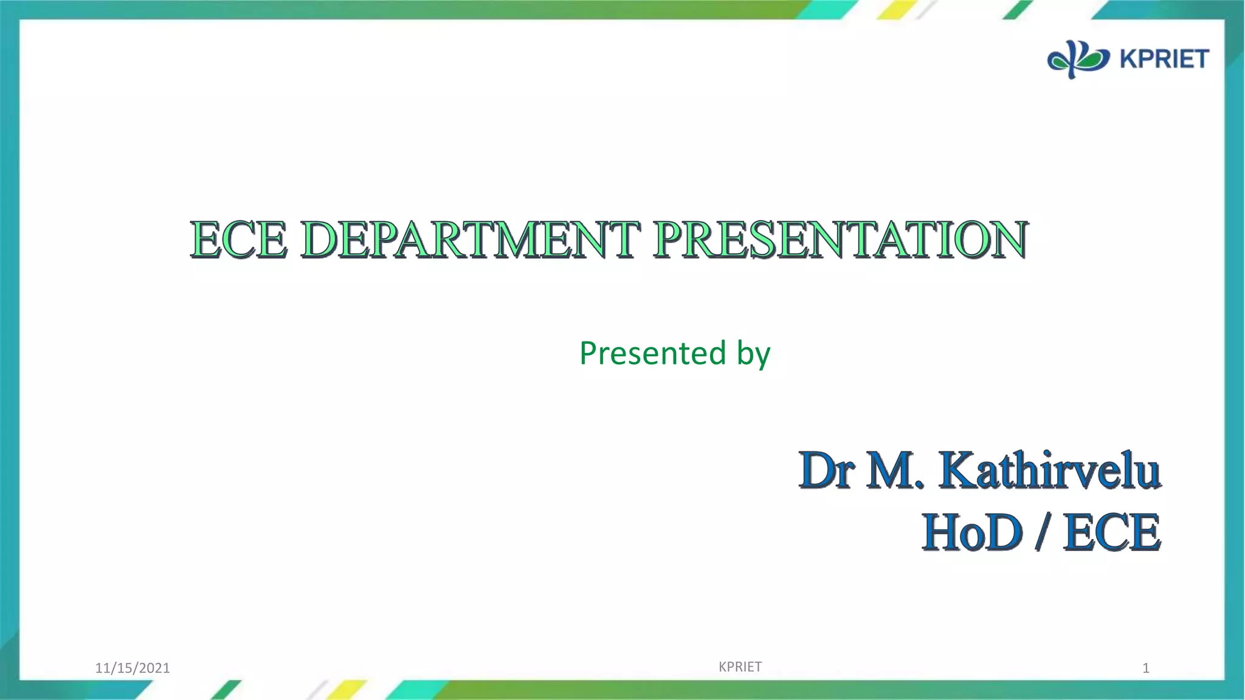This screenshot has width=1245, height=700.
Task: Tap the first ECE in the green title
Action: [238, 239]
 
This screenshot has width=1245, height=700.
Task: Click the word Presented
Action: [652, 353]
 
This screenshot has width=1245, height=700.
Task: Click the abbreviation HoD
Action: [972, 532]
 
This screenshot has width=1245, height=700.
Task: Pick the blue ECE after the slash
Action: [1112, 532]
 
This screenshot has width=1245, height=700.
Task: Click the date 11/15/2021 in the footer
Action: [133, 668]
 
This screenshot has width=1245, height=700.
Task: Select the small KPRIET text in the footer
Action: [740, 667]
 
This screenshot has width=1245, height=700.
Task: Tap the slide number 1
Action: [1146, 668]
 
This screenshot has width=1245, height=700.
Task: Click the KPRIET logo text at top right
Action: [1164, 59]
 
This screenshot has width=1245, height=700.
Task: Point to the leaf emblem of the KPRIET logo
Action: [1078, 59]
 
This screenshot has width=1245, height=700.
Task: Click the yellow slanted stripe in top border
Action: [897, 9]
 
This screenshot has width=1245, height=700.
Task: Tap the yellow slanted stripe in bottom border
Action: [347, 690]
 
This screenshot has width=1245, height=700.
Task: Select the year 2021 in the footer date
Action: [154, 668]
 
